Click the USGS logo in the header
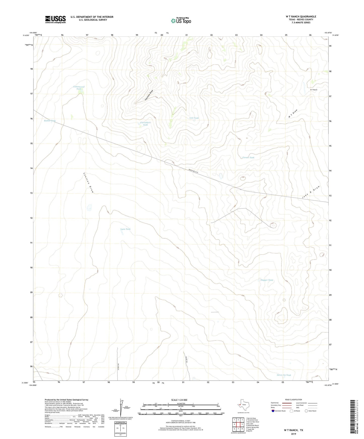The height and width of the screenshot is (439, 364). (55, 19)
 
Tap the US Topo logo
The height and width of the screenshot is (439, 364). (181, 21)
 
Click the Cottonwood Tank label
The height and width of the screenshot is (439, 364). (79, 88)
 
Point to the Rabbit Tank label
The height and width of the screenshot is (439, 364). (50, 121)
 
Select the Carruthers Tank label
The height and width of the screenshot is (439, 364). (145, 124)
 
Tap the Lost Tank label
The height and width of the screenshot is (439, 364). (194, 118)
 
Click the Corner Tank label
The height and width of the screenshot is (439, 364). (248, 158)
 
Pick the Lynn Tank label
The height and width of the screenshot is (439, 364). (125, 229)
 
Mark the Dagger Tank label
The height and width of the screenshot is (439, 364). (267, 280)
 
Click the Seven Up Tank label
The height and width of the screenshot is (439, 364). (284, 375)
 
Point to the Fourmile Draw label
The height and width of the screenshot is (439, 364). (149, 95)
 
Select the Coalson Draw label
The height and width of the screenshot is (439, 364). (88, 183)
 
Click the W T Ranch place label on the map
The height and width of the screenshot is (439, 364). (314, 90)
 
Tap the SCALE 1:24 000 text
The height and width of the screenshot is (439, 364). (179, 400)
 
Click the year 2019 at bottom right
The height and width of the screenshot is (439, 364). (293, 434)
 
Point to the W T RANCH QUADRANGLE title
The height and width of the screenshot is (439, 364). (301, 17)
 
